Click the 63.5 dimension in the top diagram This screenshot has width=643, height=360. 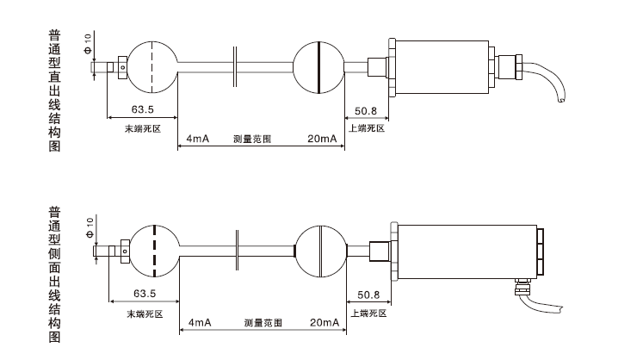143,109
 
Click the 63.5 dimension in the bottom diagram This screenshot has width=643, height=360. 144,293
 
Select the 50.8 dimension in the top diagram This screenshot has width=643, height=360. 366,110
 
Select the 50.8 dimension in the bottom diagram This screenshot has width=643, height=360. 368,294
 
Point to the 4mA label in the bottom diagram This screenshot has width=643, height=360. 199,322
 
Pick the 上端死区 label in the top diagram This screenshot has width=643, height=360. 366,128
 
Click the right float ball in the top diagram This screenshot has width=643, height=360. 318,66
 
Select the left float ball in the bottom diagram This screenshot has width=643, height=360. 153,250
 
